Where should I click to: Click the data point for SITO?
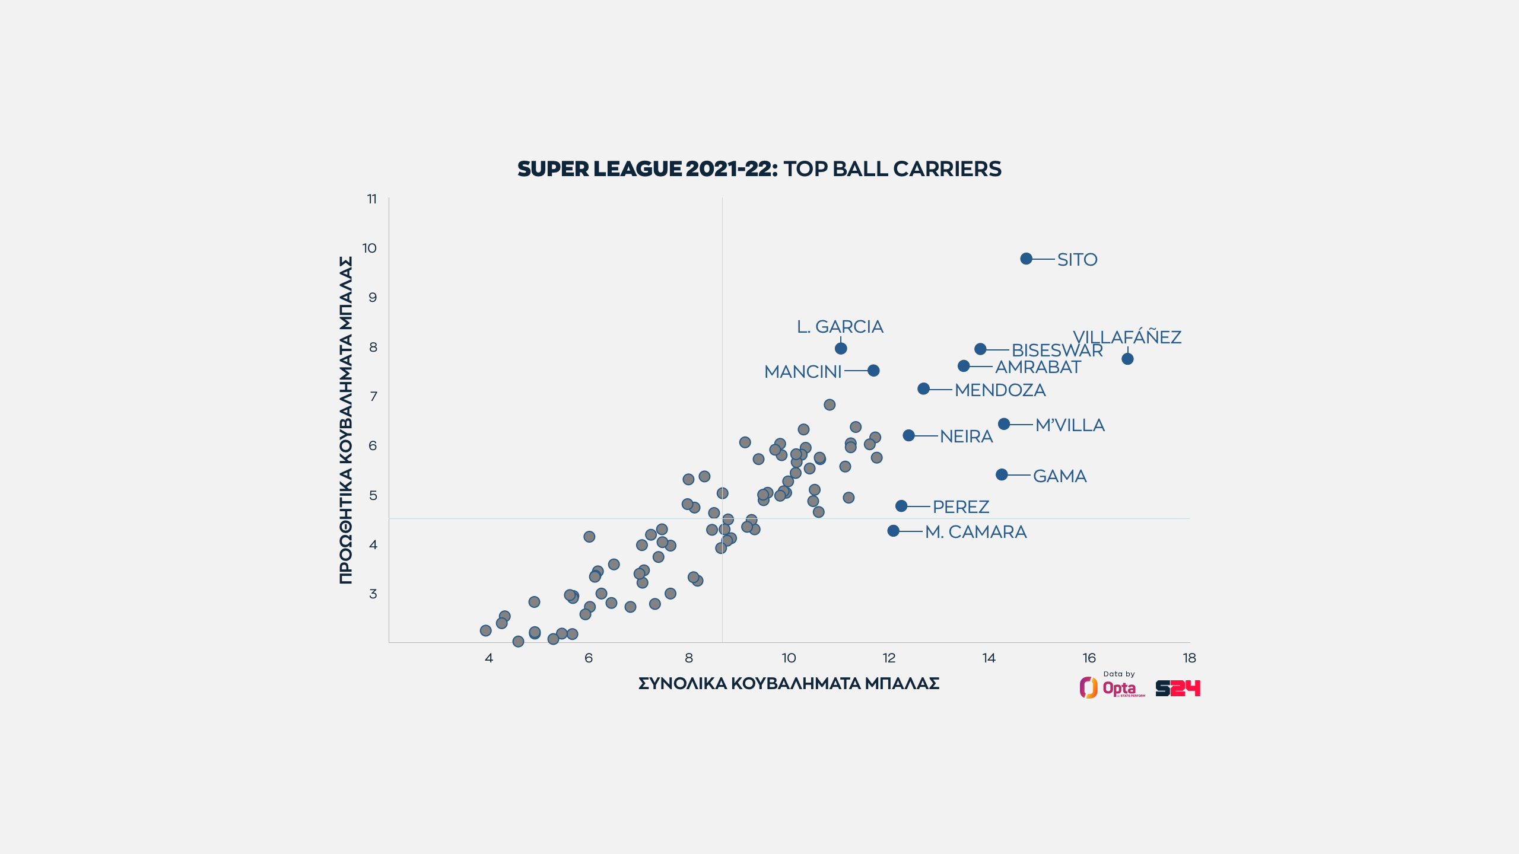1026,259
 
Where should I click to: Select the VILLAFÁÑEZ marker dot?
1127,359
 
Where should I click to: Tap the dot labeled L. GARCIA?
841,348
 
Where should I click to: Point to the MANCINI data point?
873,371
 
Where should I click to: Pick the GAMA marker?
1002,474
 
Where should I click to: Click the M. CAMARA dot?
893,531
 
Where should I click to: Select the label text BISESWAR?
1057,350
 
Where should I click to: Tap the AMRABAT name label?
1038,367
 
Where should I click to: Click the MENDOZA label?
1000,390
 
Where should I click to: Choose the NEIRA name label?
966,436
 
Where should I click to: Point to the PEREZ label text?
961,507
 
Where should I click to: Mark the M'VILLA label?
1070,425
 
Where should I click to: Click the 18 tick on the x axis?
1189,658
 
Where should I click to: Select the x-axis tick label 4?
488,658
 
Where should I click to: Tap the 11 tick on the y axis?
372,199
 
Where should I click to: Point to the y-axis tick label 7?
373,396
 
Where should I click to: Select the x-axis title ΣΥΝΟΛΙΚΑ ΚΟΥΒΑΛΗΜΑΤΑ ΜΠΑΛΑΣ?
789,684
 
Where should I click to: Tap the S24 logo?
1178,688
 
